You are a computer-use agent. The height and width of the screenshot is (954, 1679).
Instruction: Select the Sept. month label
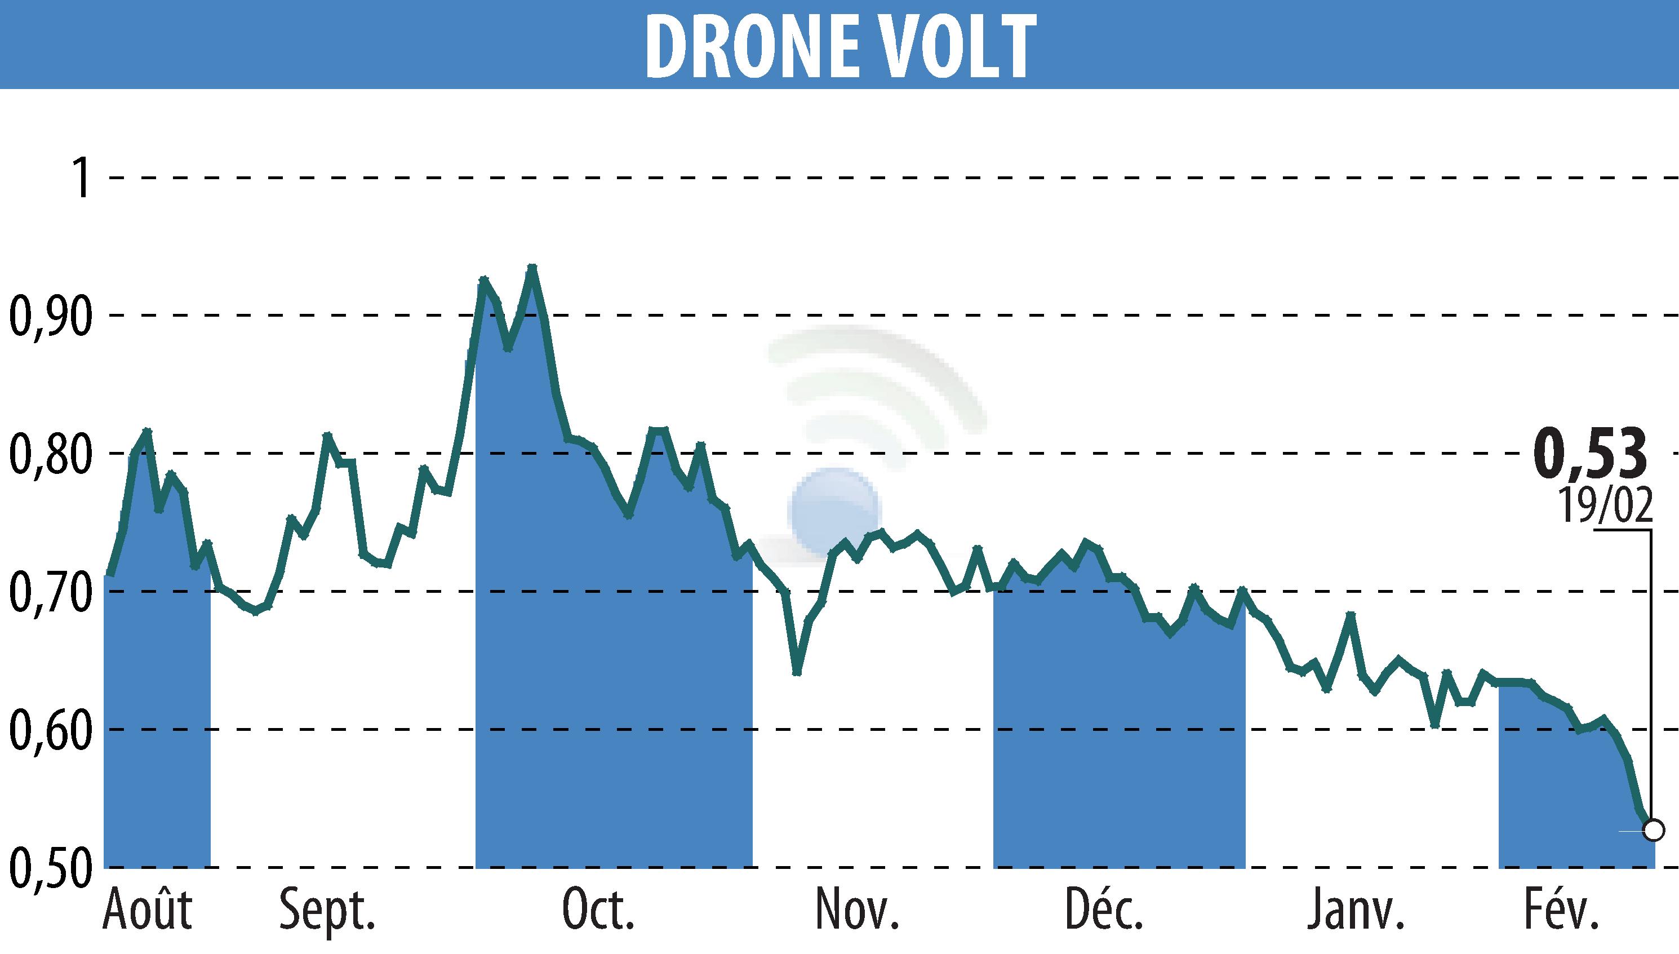327,911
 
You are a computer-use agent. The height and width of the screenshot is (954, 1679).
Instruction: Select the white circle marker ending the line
1654,831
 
